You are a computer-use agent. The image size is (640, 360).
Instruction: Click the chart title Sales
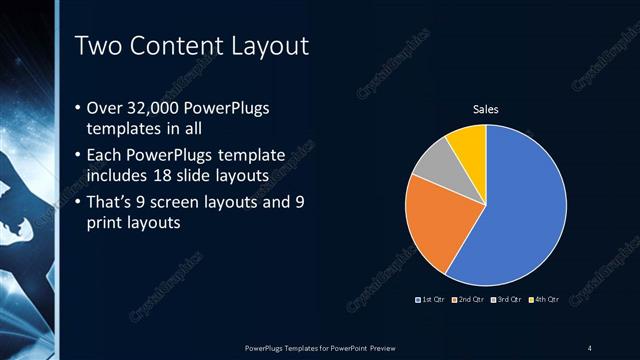coord(486,109)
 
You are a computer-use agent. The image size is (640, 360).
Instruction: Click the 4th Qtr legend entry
coord(544,299)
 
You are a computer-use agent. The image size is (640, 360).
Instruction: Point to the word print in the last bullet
coord(105,223)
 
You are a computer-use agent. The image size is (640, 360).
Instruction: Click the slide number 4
coord(591,347)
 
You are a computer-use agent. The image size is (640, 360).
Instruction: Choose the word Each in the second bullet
coord(108,156)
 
